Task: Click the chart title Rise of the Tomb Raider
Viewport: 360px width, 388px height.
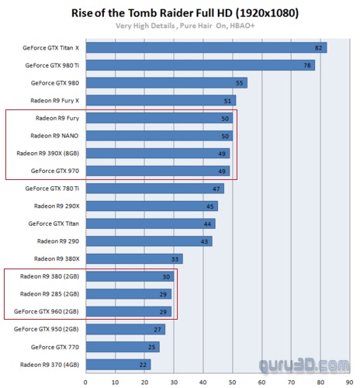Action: (x=152, y=13)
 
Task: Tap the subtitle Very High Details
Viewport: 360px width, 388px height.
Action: (x=145, y=26)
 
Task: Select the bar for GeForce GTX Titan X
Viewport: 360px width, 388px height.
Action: (x=206, y=47)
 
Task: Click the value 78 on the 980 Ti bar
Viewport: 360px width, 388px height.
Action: (x=307, y=65)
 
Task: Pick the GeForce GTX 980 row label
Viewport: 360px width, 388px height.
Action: (x=55, y=83)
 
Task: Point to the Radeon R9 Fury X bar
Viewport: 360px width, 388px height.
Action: (x=161, y=100)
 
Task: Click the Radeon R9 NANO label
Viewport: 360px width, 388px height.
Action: (x=54, y=136)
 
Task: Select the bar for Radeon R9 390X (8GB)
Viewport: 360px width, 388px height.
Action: (x=157, y=153)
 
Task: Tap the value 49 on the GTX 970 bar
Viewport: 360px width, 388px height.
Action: (x=222, y=171)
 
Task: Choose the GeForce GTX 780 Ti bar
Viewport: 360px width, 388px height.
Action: (x=155, y=189)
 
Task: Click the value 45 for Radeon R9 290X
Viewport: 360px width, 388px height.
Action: (x=209, y=206)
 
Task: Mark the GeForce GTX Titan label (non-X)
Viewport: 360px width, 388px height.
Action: (x=54, y=223)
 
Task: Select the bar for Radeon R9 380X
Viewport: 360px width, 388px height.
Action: (x=134, y=258)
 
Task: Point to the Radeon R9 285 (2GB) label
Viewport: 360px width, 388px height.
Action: (x=50, y=294)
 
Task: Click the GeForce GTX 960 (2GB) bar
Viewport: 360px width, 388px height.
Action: (x=129, y=311)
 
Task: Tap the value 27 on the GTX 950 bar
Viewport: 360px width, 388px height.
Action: (x=157, y=330)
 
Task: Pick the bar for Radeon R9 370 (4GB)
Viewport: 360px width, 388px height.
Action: (x=119, y=365)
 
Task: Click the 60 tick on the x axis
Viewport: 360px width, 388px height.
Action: (x=261, y=383)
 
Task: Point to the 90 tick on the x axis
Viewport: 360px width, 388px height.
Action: (x=350, y=383)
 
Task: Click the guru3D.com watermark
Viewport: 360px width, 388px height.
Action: (x=304, y=365)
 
